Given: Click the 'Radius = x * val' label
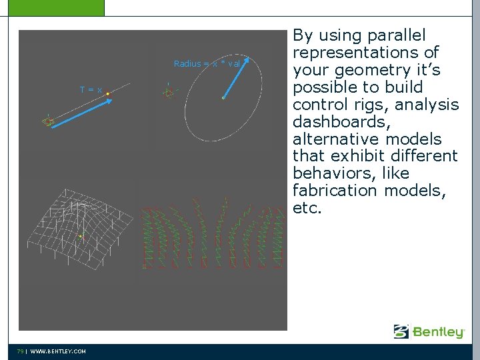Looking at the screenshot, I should point(207,64).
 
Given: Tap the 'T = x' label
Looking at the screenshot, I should point(91,89).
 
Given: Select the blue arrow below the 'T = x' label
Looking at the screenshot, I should point(78,111).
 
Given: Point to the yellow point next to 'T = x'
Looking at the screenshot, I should point(107,94).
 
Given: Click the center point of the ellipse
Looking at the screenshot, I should point(223,98).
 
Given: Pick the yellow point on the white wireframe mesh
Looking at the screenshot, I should point(81,236).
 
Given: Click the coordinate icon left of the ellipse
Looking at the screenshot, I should point(169,93).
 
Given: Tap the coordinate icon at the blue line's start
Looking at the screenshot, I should point(48,121).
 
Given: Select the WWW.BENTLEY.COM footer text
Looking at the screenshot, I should point(58,351).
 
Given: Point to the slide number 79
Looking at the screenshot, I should point(21,351).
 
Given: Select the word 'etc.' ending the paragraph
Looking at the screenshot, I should point(307,208).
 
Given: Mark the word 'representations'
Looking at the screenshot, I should point(358,53).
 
